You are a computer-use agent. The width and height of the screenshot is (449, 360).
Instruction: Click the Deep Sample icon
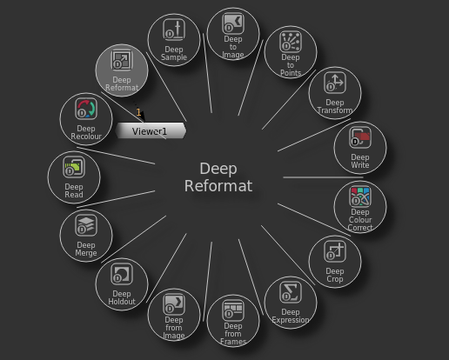(174, 30)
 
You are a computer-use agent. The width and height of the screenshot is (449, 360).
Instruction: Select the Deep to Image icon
(233, 23)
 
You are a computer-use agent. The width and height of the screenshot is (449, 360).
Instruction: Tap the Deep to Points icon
(291, 42)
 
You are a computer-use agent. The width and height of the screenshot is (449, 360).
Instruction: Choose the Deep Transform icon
(335, 83)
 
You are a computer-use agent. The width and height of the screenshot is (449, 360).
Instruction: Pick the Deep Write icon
(360, 137)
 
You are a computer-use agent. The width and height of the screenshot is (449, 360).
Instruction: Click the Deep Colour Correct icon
(360, 197)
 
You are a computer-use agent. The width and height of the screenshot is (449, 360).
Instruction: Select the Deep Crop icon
(335, 251)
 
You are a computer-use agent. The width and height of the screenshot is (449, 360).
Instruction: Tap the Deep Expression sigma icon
(291, 292)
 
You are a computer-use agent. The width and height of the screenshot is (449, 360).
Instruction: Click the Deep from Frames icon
(233, 310)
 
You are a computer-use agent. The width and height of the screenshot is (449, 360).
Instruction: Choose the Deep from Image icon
(174, 304)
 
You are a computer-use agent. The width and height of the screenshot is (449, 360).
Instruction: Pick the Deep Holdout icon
(122, 274)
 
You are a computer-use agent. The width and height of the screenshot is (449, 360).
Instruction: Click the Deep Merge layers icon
(86, 225)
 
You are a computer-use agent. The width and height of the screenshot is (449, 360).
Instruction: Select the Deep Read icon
(74, 167)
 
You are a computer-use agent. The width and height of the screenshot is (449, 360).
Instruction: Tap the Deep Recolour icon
(86, 109)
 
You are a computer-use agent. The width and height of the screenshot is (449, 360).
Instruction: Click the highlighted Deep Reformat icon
(122, 60)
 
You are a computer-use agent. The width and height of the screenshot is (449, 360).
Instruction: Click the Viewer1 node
(151, 131)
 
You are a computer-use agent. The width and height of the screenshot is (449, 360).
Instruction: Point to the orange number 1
(138, 112)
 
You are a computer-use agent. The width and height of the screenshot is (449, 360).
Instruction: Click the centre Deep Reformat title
(218, 177)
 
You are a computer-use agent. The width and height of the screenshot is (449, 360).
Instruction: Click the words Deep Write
(360, 161)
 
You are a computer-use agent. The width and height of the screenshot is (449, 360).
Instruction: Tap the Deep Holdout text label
(122, 297)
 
